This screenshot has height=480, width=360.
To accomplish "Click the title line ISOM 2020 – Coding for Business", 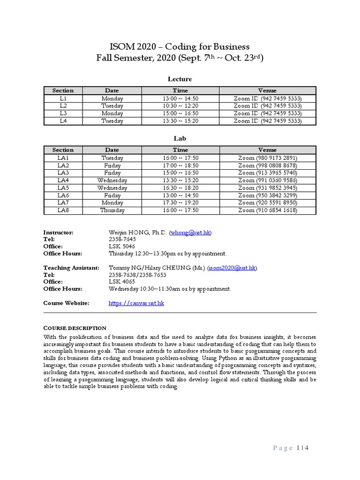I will [180, 46].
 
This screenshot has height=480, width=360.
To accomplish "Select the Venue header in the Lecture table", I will [267, 90].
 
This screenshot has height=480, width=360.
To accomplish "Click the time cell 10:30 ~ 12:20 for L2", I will [180, 106].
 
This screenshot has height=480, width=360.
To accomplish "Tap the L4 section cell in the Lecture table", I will [63, 121].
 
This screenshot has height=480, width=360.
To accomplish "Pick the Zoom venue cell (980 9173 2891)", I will [267, 158].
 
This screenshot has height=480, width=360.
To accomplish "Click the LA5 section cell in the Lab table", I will [63, 188].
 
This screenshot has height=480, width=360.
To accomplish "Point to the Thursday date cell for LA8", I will [112, 210].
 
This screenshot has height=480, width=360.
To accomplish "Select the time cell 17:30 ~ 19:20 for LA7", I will [180, 203].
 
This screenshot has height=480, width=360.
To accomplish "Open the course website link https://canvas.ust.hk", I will [136, 303].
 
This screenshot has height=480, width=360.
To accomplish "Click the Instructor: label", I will [59, 232].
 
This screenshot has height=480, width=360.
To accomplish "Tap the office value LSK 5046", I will [122, 246].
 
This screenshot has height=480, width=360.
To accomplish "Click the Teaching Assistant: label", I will [71, 268].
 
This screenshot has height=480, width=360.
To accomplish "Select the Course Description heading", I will [75, 328].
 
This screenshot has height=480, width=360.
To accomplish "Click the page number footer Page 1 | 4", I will [291, 448].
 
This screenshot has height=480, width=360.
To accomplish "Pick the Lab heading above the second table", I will [180, 139].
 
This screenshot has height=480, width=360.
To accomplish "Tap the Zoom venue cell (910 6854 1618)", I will [267, 210].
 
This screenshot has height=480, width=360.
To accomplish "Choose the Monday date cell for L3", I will [112, 113].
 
